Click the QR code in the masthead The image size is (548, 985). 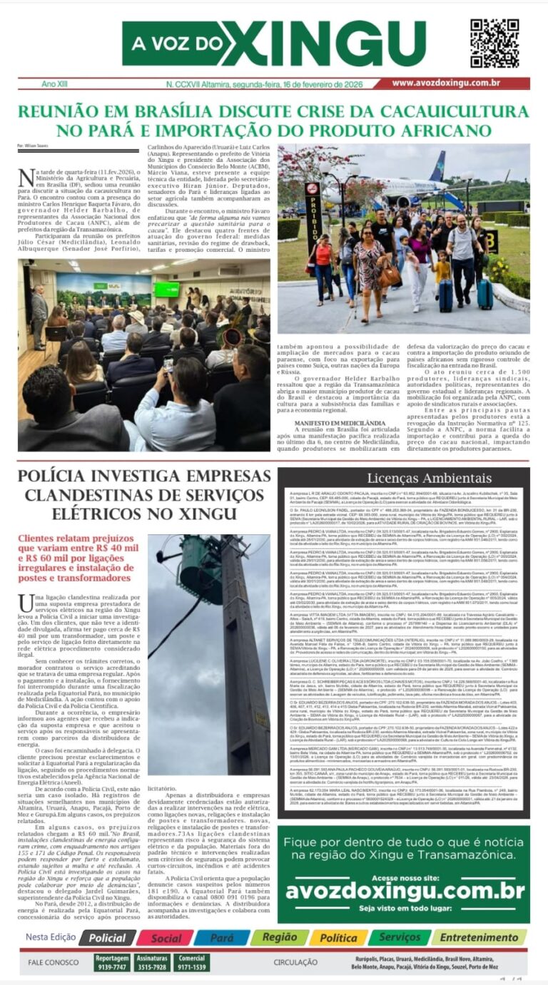coord(494,44)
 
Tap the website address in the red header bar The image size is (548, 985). coord(455,83)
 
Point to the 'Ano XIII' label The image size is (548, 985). coord(55,84)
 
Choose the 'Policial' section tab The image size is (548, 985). coord(107,938)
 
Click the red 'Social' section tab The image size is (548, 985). coord(166,938)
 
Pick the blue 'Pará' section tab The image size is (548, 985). coord(221,938)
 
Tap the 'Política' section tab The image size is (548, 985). coord(338,938)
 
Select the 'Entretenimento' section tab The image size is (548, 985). coord(479,937)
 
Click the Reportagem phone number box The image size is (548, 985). coord(112,963)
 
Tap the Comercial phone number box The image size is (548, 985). coord(192,963)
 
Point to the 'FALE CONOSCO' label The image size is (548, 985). coord(54,963)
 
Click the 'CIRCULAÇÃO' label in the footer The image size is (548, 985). coord(295,963)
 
